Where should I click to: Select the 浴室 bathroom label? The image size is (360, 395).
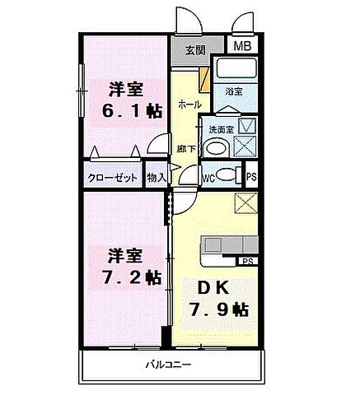[x=233, y=91]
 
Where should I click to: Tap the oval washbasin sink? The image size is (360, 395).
[x=215, y=149]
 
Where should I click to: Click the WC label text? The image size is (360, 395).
[x=208, y=175]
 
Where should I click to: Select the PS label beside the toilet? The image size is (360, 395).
[x=251, y=175]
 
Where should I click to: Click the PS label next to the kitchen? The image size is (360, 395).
[x=245, y=261]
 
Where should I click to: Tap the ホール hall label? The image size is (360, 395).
[x=187, y=105]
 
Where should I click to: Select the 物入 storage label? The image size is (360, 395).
[x=156, y=176]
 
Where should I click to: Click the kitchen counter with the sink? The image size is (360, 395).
[x=227, y=248]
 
